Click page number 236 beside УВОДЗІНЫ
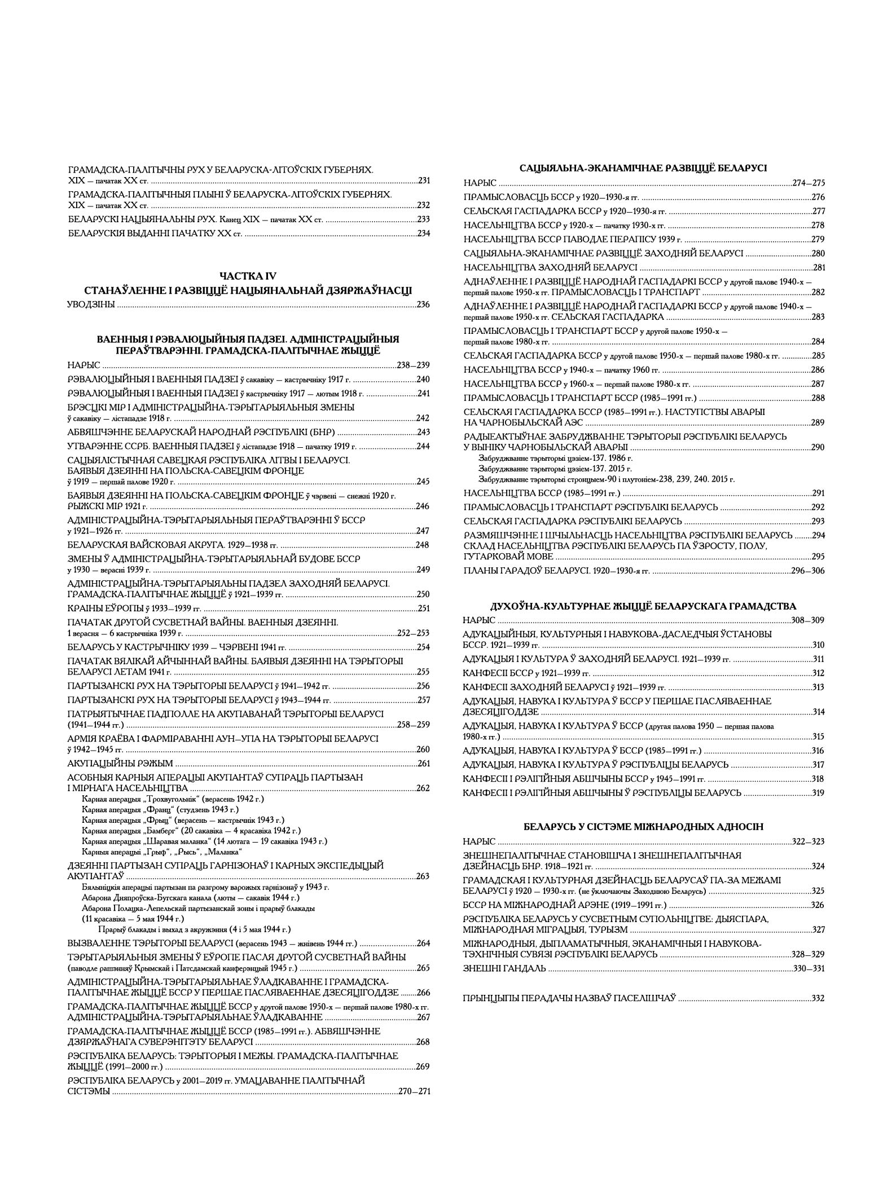point(423,305)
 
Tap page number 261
point(423,764)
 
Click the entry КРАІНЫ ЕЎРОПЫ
point(134,609)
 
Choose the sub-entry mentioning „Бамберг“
point(191,831)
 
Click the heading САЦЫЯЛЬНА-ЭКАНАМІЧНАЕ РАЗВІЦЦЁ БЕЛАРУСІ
point(643,168)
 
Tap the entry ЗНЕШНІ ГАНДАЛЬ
point(504,968)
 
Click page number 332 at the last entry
point(818,998)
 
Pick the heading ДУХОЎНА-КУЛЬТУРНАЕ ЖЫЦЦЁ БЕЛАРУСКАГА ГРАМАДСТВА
point(643,606)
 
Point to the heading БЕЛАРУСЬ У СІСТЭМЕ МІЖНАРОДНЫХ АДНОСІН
point(643,827)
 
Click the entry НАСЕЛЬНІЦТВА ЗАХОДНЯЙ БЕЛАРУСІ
point(550,267)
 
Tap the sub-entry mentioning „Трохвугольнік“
point(173,799)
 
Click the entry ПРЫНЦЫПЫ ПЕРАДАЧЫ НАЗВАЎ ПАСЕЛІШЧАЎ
point(569,998)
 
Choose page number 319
point(818,793)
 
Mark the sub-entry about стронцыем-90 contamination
point(607,479)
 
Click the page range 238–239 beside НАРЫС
point(413,365)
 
